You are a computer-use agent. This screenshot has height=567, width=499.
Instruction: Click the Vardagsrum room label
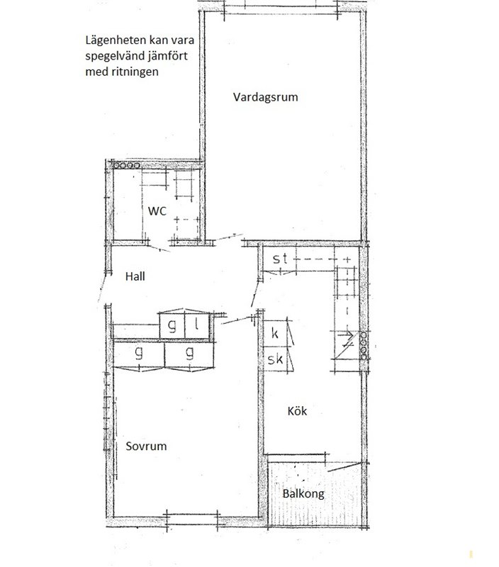(265, 97)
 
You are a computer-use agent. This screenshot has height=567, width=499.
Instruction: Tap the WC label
(157, 210)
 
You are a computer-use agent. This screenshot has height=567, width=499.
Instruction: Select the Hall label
(135, 276)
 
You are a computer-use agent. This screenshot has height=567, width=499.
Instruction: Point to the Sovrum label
(146, 446)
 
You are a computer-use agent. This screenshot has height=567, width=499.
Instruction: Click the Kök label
(297, 411)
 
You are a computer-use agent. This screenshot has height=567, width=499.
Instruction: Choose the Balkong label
(303, 494)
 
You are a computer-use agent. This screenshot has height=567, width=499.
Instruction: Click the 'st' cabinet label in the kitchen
(280, 259)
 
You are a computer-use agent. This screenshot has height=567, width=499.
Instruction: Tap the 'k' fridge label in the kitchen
(275, 333)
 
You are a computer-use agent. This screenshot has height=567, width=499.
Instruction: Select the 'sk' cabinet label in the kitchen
(275, 359)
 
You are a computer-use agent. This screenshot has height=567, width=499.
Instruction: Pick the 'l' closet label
(196, 325)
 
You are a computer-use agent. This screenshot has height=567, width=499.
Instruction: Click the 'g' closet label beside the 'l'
(172, 326)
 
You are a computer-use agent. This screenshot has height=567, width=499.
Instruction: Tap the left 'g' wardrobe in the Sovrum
(139, 352)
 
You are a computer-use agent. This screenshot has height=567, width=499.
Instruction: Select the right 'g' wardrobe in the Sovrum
(189, 352)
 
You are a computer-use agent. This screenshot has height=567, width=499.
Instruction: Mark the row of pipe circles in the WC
(126, 166)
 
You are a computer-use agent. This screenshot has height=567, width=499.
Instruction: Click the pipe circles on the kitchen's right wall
(364, 346)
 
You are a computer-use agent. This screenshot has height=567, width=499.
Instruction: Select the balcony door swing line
(344, 466)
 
